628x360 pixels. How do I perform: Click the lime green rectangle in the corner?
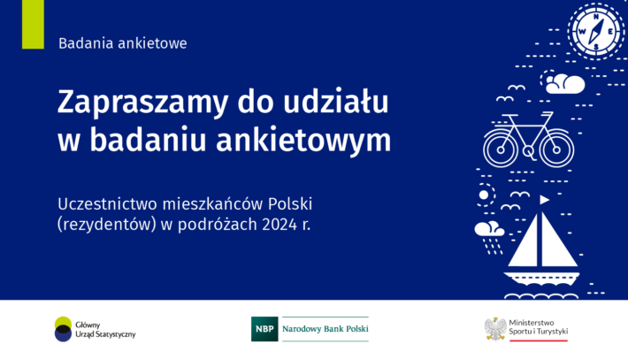pos(33,25)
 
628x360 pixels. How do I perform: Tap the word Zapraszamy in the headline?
pos(142,103)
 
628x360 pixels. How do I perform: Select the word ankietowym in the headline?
pos(303,140)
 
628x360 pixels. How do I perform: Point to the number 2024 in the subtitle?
pos(280,225)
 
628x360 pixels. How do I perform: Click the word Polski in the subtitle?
pos(290,203)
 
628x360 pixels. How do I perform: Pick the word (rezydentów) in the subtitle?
pos(106,225)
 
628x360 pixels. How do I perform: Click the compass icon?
pos(596,31)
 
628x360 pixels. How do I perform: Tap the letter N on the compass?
pos(596,17)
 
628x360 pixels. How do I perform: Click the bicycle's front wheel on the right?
pos(556,149)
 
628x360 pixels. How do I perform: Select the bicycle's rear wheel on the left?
pos(501,149)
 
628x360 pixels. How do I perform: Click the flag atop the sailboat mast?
pos(544,199)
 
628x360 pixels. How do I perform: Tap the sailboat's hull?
pos(541,279)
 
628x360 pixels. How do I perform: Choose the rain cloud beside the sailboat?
pos(489,237)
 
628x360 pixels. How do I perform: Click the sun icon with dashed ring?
pos(484,195)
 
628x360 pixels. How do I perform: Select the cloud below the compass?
pos(565,84)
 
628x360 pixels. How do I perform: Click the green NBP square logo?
pos(264,329)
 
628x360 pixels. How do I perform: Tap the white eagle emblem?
pos(495,329)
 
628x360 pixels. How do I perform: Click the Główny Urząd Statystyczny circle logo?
pos(63,329)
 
